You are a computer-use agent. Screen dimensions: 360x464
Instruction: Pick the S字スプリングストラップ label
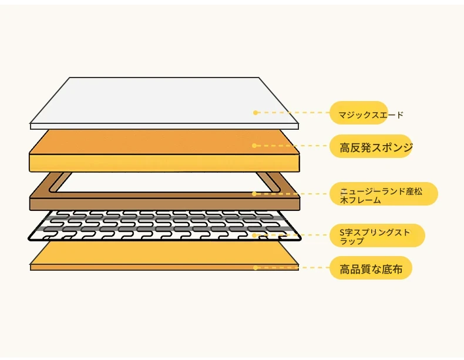pyautogui.click(x=376, y=235)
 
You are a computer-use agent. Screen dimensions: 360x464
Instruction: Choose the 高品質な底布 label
pyautogui.click(x=371, y=269)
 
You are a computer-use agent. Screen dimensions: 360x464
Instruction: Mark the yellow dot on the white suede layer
pyautogui.click(x=255, y=112)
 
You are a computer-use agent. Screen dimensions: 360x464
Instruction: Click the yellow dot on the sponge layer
pyautogui.click(x=255, y=146)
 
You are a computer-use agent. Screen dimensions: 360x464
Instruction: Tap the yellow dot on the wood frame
pyautogui.click(x=255, y=193)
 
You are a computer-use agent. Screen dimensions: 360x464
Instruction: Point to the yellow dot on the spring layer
pyautogui.click(x=255, y=235)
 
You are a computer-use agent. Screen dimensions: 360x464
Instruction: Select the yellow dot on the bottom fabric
pyautogui.click(x=255, y=268)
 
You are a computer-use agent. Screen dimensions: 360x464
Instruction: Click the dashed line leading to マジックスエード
pyautogui.click(x=294, y=112)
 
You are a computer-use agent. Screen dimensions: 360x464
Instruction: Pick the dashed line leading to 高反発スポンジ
pyautogui.click(x=294, y=146)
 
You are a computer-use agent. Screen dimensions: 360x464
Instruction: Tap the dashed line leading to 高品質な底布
pyautogui.click(x=294, y=268)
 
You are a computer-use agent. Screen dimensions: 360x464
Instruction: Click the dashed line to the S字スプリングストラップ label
pyautogui.click(x=294, y=235)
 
